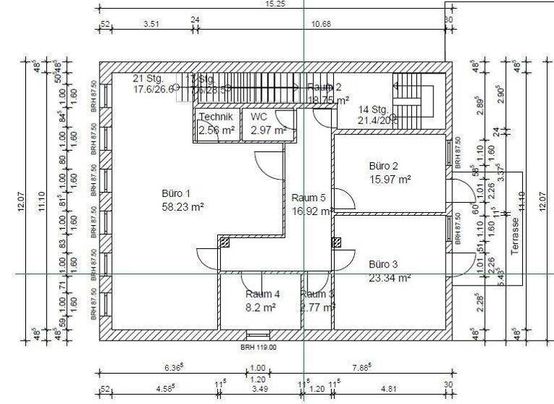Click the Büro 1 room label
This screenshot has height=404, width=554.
tap(176, 193)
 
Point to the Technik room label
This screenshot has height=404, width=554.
tap(216, 117)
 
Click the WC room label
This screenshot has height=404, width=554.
tap(258, 117)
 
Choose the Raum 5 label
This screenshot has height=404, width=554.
tap(308, 198)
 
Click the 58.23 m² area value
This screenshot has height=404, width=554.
tap(183, 206)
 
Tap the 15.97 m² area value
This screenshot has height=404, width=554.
tap(390, 179)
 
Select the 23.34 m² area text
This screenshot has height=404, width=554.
tap(390, 277)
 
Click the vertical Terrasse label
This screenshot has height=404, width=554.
tap(515, 235)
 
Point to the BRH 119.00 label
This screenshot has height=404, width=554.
tap(258, 347)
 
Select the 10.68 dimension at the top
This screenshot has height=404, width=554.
tap(320, 24)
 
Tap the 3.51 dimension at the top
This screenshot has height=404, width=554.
tap(151, 24)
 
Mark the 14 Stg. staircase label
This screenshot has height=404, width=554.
tap(374, 110)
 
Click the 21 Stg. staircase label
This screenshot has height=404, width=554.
tap(149, 78)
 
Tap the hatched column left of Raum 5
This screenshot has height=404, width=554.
tap(224, 243)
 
